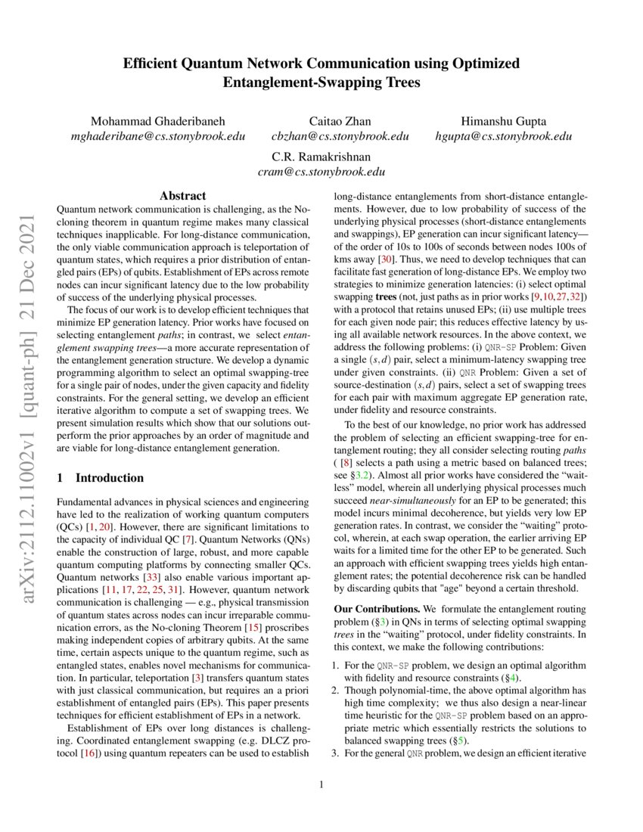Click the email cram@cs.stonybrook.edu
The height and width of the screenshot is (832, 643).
321,172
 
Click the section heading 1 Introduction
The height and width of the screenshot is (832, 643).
101,478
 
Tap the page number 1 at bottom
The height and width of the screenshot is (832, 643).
321,785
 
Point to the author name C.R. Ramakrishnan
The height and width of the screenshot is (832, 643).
321,157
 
